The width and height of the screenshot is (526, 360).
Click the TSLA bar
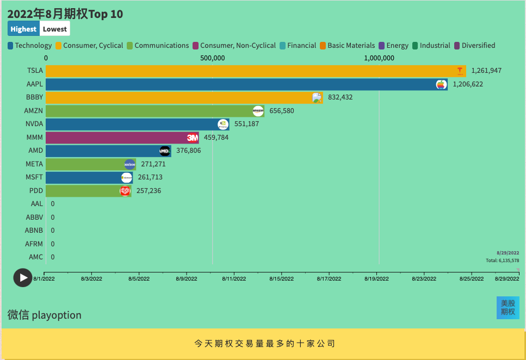pyautogui.click(x=250, y=71)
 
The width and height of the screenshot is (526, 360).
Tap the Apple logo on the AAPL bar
pyautogui.click(x=441, y=84)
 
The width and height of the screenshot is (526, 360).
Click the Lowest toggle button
pyautogui.click(x=55, y=29)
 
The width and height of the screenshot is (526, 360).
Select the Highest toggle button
pyautogui.click(x=23, y=29)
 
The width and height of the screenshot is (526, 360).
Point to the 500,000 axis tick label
pyautogui.click(x=213, y=58)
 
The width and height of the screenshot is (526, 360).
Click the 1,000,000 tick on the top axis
pyautogui.click(x=379, y=58)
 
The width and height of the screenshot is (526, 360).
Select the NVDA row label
pyautogui.click(x=34, y=124)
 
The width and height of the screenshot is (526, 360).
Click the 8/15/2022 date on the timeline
pyautogui.click(x=281, y=278)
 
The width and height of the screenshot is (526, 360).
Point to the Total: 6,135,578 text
pyautogui.click(x=502, y=260)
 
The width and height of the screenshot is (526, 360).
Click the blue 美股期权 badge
pyautogui.click(x=508, y=307)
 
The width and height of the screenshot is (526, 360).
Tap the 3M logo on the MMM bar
pyautogui.click(x=192, y=138)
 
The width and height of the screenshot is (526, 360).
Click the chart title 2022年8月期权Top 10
pyautogui.click(x=65, y=14)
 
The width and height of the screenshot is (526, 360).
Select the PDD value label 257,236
pyautogui.click(x=148, y=191)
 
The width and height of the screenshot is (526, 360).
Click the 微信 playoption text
pyautogui.click(x=45, y=315)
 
